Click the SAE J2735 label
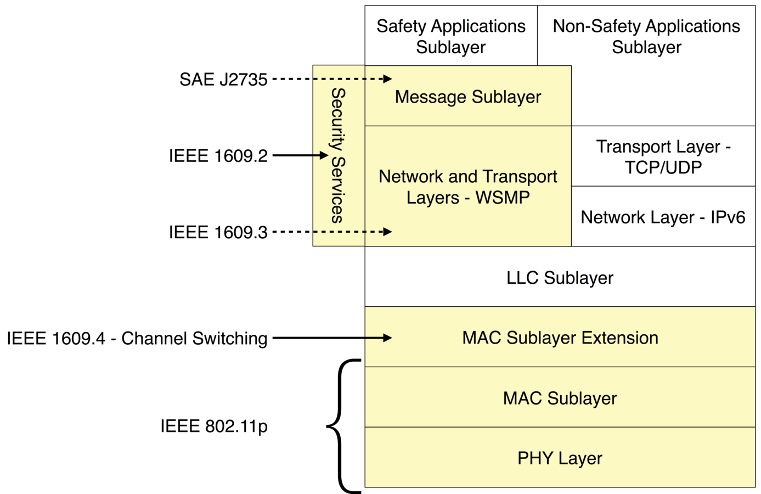[223, 80]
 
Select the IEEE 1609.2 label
[218, 156]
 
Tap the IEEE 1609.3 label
[218, 232]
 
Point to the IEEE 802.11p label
[214, 426]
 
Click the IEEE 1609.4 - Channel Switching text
[137, 338]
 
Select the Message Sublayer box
[467, 97]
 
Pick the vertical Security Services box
[338, 156]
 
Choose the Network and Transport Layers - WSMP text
[467, 187]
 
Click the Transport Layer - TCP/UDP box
[663, 156]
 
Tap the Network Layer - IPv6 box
[663, 217]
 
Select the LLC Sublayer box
[560, 278]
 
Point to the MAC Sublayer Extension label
[560, 338]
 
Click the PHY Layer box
[560, 458]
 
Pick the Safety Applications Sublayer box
[450, 36]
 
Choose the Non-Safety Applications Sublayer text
[646, 36]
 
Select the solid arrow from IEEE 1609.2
[299, 155]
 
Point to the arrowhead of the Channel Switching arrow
[388, 338]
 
